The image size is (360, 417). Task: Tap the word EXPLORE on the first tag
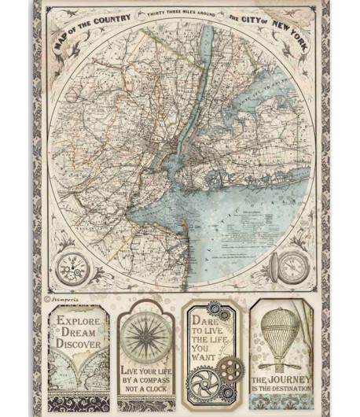77,322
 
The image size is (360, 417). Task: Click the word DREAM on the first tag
79,333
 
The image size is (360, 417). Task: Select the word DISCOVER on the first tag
77,344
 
